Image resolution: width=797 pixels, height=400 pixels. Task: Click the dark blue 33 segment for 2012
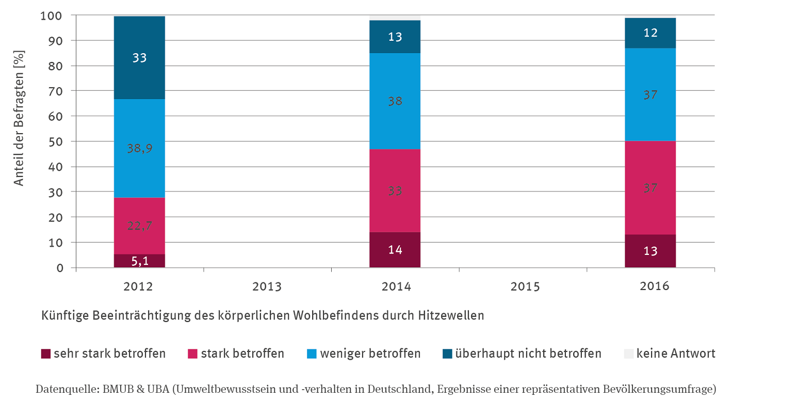point(139,57)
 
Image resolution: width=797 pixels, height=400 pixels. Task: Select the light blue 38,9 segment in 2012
point(139,148)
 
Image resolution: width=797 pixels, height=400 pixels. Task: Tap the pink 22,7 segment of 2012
point(139,226)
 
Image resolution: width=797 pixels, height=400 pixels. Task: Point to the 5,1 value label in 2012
point(139,261)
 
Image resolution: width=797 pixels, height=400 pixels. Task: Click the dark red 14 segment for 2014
point(395,250)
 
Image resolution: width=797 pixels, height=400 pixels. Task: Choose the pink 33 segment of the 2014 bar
point(395,190)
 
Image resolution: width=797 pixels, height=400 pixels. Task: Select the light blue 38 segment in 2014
point(395,101)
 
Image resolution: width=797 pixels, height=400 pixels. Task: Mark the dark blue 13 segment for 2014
point(395,37)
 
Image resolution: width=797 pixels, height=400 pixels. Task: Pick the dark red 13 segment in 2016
point(650,251)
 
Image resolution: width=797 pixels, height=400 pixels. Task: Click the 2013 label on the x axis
point(267,286)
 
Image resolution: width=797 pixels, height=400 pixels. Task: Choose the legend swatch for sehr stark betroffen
point(46,354)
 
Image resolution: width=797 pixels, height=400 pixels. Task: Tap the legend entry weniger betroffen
point(370,354)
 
